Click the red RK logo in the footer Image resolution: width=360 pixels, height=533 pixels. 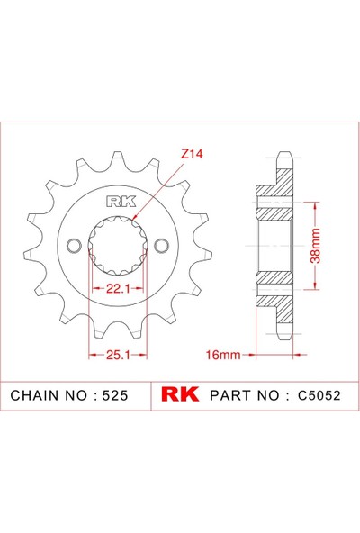181,395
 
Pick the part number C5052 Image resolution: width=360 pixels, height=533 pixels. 318,395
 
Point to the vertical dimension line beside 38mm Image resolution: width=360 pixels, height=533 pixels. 315,246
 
